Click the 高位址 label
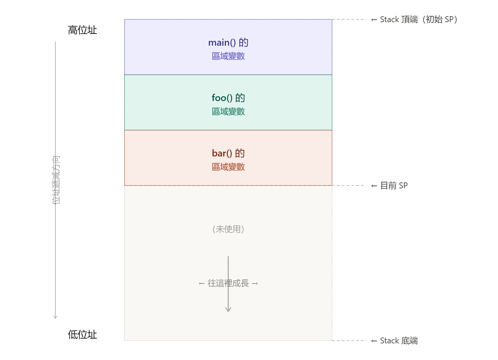pyautogui.click(x=82, y=30)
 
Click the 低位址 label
pyautogui.click(x=82, y=335)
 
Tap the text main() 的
pyautogui.click(x=228, y=43)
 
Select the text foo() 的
pyautogui.click(x=228, y=98)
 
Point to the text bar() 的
pyautogui.click(x=228, y=153)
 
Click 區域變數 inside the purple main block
pyautogui.click(x=228, y=56)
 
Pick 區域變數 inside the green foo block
pyautogui.click(x=228, y=111)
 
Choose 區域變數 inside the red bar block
pyautogui.click(x=228, y=167)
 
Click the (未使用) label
pyautogui.click(x=228, y=229)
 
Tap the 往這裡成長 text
pyautogui.click(x=228, y=283)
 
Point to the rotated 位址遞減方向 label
pyautogui.click(x=56, y=180)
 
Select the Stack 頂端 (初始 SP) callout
pyautogui.click(x=419, y=20)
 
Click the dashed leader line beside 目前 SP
pyautogui.click(x=349, y=186)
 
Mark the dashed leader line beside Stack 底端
pyautogui.click(x=349, y=341)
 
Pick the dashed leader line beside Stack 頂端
pyautogui.click(x=349, y=19)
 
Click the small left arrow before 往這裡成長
pyautogui.click(x=202, y=284)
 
